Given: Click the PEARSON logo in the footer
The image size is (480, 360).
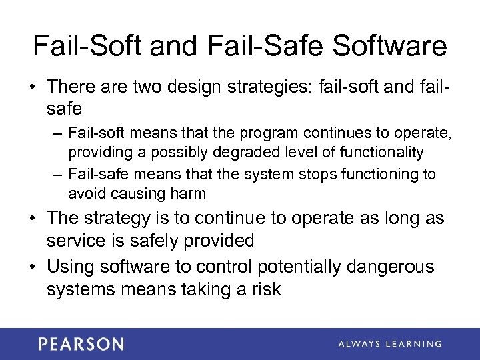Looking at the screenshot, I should coord(81,344).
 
